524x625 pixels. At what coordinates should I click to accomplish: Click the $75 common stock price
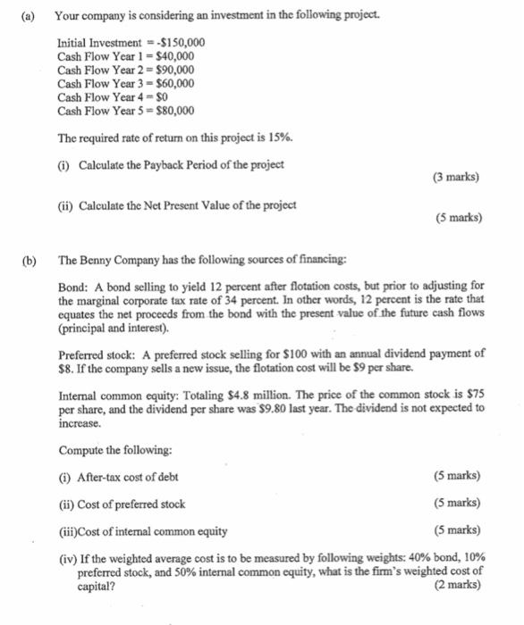(x=477, y=394)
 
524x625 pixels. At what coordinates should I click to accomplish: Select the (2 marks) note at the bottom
(x=456, y=585)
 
